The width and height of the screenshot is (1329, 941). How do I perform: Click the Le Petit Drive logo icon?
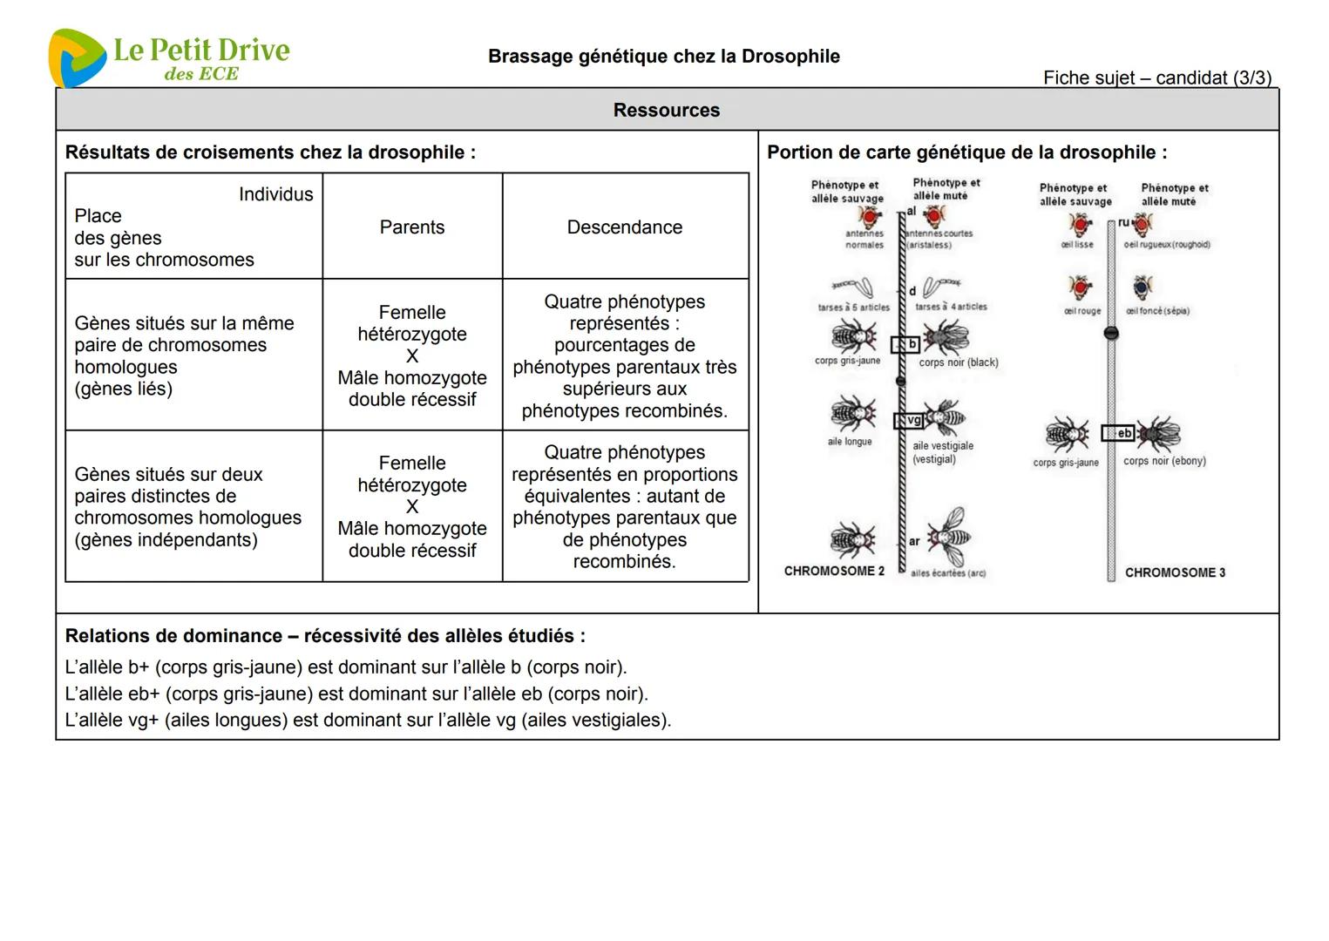tap(76, 58)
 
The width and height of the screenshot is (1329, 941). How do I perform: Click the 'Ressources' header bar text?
tap(667, 111)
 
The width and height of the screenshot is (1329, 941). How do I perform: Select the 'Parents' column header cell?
tap(412, 227)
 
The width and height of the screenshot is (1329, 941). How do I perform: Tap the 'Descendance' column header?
tap(625, 227)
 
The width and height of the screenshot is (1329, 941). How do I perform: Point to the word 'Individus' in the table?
tap(275, 194)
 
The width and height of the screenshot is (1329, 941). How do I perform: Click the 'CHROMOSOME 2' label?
tap(834, 572)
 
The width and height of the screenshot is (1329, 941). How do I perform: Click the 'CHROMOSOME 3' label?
tap(1175, 572)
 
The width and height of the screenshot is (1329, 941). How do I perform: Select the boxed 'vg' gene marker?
tap(911, 421)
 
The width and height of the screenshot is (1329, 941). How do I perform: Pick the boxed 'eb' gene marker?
tap(1120, 433)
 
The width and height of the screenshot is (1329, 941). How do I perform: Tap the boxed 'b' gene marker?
tap(907, 344)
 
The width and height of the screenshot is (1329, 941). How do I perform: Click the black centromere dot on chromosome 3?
tap(1111, 333)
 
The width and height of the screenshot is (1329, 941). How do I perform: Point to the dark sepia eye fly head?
tap(1143, 288)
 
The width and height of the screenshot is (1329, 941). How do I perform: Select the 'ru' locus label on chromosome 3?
tap(1123, 223)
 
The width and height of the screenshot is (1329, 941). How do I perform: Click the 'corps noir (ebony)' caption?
tap(1164, 461)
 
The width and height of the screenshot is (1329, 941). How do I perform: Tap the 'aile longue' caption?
tap(850, 442)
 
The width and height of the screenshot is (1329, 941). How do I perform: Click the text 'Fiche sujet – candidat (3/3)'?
tap(1157, 78)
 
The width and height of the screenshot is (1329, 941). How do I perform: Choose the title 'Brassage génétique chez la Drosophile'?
tap(664, 57)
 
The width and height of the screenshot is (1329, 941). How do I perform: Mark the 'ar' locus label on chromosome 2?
tap(914, 541)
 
